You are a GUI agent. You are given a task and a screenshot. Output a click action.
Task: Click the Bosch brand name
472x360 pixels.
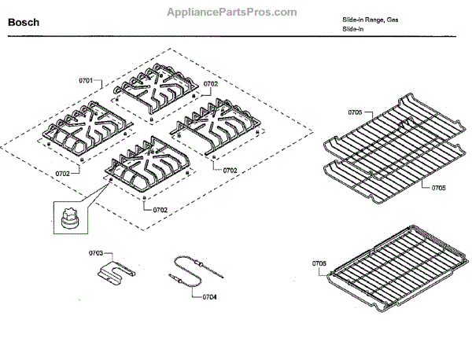24,23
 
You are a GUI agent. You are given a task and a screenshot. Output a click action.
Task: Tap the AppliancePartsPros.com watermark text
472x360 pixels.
233,12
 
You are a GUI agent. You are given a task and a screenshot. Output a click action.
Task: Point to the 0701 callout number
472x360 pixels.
87,81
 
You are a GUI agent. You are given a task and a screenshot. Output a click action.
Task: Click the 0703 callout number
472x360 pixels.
96,253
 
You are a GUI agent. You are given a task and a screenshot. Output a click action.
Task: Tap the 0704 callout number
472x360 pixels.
209,297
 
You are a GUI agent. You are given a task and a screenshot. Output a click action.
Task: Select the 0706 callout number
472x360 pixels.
319,263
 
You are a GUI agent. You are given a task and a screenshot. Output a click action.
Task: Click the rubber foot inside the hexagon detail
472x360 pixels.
67,215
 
